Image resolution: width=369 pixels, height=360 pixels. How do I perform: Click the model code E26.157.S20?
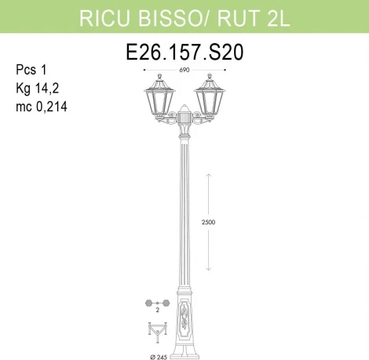(184, 53)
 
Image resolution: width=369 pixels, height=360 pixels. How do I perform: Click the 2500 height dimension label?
(206, 222)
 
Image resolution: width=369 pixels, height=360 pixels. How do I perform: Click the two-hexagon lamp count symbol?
(157, 302)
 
